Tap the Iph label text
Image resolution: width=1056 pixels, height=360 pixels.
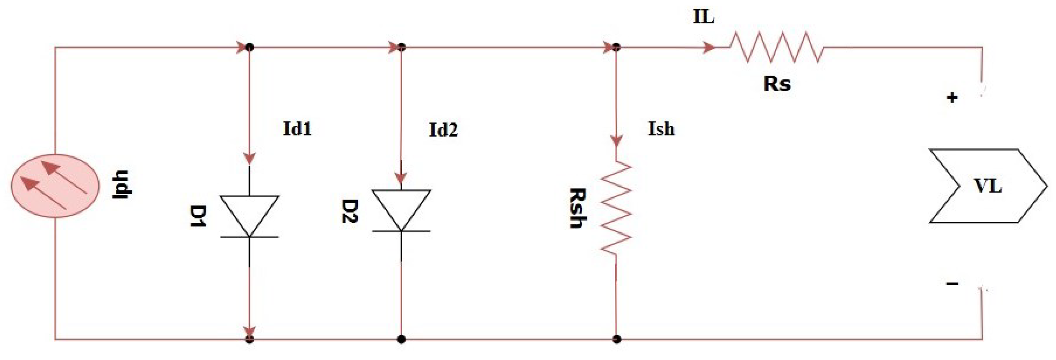coord(121,184)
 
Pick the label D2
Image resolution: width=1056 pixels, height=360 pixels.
coord(350,211)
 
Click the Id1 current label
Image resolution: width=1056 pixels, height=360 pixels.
coord(297,129)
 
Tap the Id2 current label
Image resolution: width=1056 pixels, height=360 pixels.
coord(443,130)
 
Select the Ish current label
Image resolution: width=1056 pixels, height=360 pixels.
coord(661,129)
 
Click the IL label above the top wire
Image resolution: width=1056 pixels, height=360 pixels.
coord(704,17)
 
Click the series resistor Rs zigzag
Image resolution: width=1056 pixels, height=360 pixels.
coord(776,48)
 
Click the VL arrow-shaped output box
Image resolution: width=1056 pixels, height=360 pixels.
coord(987,186)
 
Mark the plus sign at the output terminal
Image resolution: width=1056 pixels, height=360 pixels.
coord(952,98)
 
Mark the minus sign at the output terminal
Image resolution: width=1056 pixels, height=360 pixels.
coord(952,283)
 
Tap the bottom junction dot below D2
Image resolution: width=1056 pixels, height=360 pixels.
coord(401,339)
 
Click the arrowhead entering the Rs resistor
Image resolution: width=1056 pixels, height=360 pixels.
coord(709,48)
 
